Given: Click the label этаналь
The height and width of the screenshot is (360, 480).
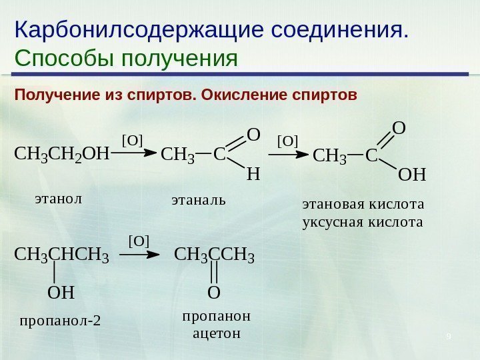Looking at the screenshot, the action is point(199,199).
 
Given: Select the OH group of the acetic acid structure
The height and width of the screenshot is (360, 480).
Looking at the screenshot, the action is point(411,175).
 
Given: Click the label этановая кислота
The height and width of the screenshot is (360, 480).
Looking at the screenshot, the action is point(363,203).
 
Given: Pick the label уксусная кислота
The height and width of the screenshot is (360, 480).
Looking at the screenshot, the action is point(363,220).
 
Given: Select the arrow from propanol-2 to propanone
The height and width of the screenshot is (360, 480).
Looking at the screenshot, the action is point(142,254).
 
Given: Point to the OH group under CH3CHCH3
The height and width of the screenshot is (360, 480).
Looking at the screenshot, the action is point(60,292).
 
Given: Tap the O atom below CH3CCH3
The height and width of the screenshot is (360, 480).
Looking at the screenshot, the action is point(213,292).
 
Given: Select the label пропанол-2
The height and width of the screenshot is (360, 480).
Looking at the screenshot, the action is point(60,321).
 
